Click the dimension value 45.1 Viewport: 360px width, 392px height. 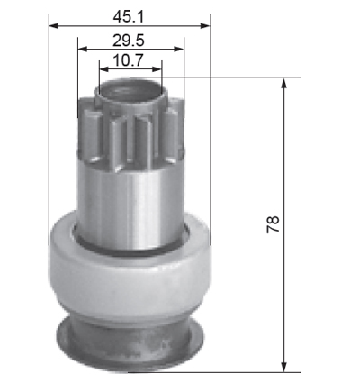pyautogui.click(x=129, y=17)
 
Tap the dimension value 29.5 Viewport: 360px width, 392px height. pyautogui.click(x=129, y=41)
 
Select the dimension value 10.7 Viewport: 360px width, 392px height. pyautogui.click(x=129, y=60)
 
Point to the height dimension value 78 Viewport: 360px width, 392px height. pyautogui.click(x=273, y=224)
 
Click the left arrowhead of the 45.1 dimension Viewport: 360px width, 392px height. pyautogui.click(x=53, y=26)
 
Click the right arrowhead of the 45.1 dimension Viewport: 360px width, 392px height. pyautogui.click(x=205, y=26)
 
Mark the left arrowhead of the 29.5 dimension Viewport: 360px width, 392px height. pyautogui.click(x=82, y=49)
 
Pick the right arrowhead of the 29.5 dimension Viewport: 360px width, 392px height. pyautogui.click(x=179, y=49)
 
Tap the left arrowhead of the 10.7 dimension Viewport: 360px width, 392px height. pyautogui.click(x=103, y=69)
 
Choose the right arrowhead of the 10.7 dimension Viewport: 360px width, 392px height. pyautogui.click(x=157, y=69)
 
